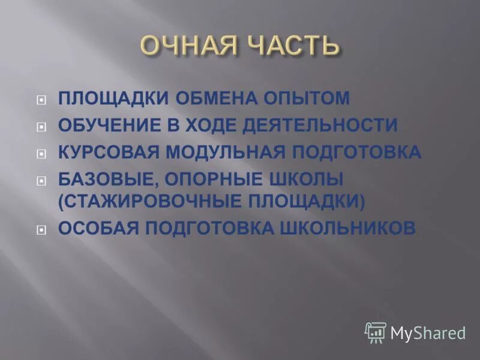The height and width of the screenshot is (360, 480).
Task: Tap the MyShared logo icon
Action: pos(376,332)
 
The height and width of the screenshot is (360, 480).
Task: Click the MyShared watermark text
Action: pos(428,333)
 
